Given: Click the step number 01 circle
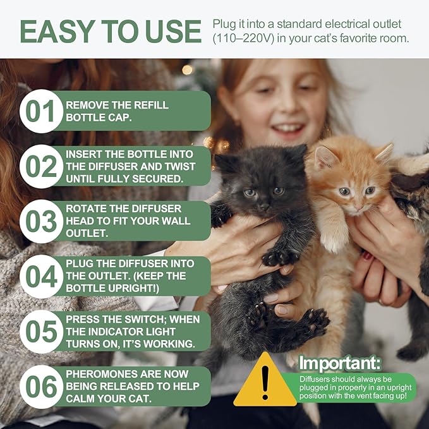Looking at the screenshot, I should [x=41, y=111].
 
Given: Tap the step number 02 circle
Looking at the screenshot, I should [x=41, y=166].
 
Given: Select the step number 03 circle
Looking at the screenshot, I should [x=41, y=221].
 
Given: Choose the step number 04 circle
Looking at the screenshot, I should [x=41, y=276].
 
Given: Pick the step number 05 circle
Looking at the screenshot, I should [x=41, y=331].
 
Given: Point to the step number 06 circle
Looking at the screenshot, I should [x=41, y=386].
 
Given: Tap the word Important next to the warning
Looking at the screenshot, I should [x=340, y=363].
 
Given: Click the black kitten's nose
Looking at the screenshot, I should [x=265, y=201].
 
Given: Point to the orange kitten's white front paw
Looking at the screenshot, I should [x=335, y=240].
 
